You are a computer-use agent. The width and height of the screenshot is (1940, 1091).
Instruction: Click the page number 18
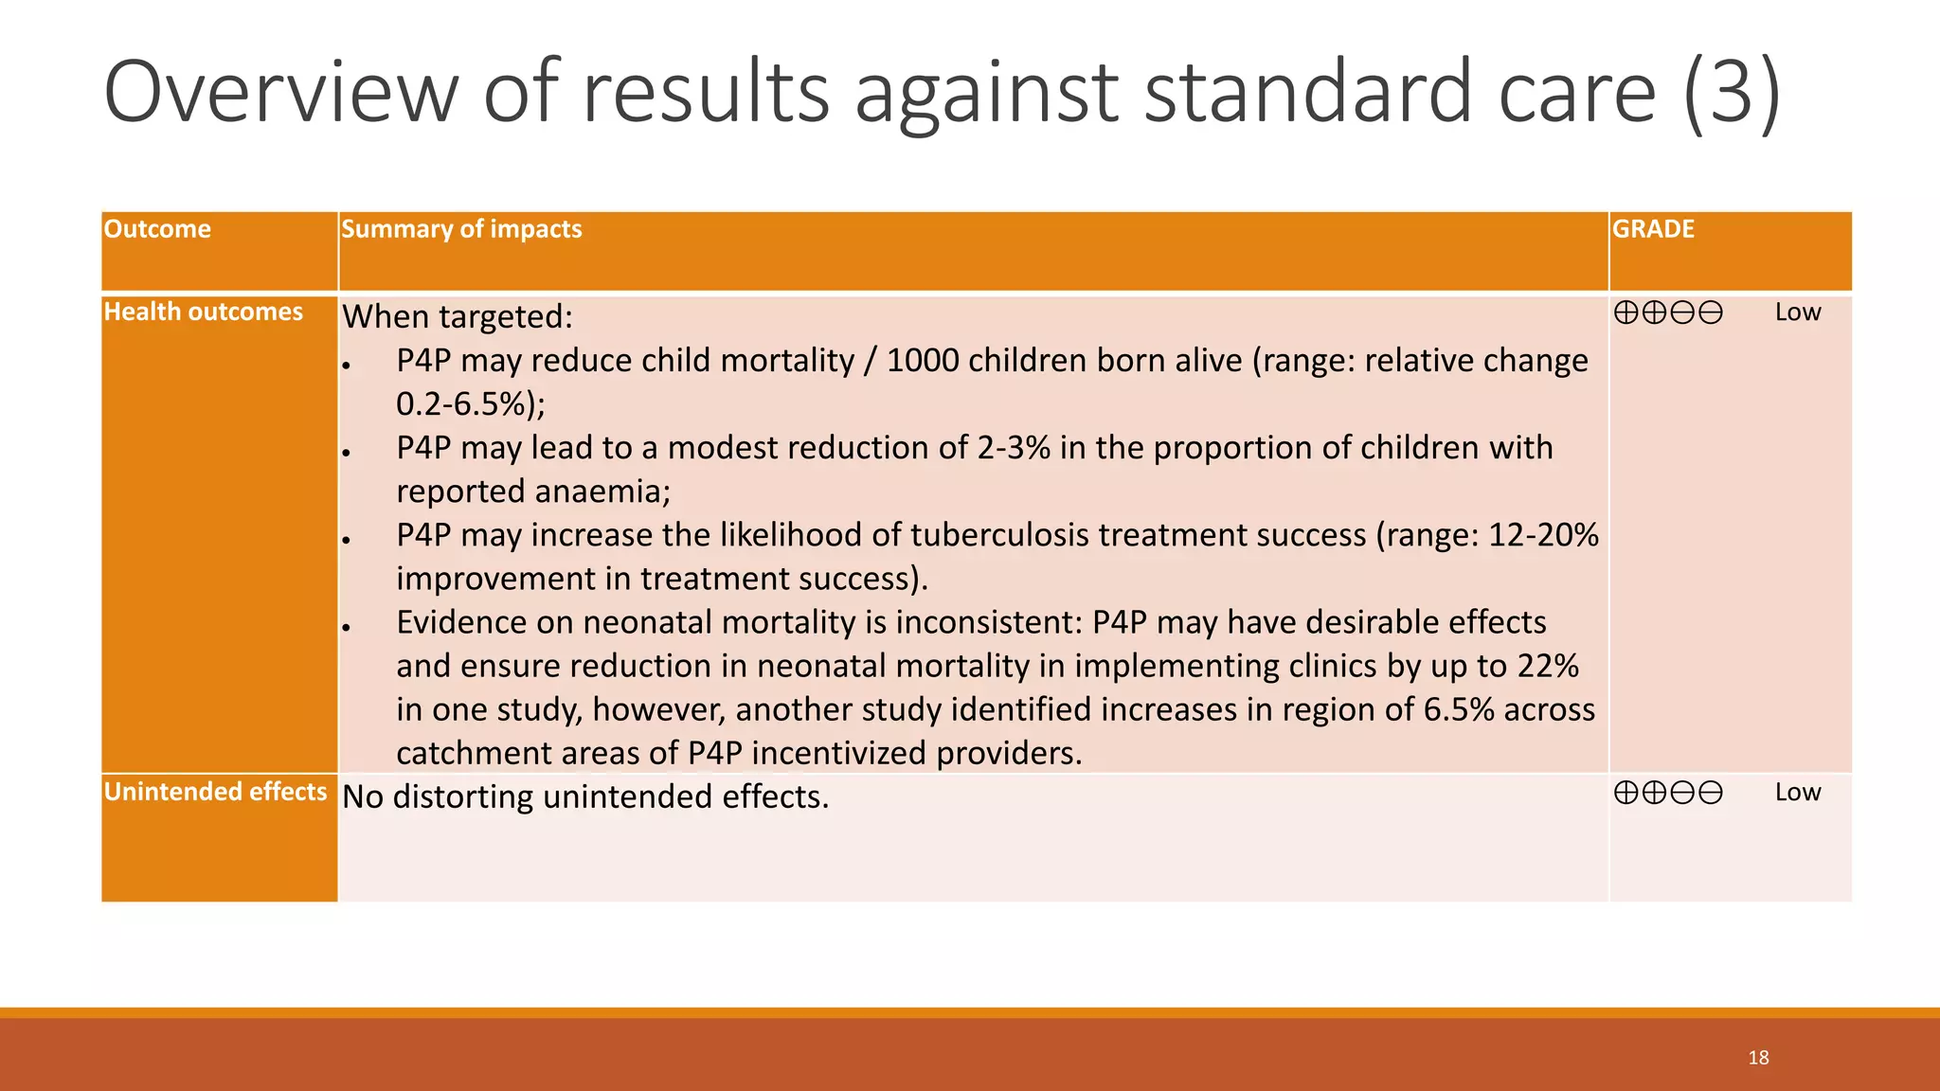(x=1758, y=1058)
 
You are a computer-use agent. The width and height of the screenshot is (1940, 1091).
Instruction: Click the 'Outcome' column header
(x=157, y=229)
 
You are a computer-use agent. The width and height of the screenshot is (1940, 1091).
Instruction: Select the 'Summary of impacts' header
(x=461, y=229)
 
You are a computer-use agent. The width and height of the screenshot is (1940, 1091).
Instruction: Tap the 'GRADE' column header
(x=1653, y=229)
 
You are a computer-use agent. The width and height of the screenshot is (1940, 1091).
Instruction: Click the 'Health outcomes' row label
(x=203, y=312)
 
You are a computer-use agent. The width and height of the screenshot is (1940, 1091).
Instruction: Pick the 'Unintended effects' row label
(x=215, y=792)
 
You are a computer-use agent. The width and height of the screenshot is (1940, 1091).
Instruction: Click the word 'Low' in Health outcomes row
(x=1797, y=313)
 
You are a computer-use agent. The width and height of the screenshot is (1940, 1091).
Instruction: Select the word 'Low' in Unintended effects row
(x=1797, y=793)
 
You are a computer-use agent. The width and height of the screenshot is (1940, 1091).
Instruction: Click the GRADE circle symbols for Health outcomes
(x=1667, y=313)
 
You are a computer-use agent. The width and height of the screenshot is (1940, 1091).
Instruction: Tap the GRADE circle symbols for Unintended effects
(x=1667, y=793)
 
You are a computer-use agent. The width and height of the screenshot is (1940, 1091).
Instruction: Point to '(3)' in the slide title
(x=1732, y=92)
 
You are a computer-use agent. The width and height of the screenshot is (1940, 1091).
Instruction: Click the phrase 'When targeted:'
(x=458, y=316)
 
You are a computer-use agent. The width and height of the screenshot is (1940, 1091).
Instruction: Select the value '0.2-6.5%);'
(x=471, y=404)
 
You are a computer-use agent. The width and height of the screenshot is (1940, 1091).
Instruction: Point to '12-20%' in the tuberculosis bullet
(x=1543, y=535)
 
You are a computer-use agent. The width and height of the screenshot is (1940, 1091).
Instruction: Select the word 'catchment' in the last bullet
(x=470, y=753)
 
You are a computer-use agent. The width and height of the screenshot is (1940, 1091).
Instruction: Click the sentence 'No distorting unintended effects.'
(x=585, y=796)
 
